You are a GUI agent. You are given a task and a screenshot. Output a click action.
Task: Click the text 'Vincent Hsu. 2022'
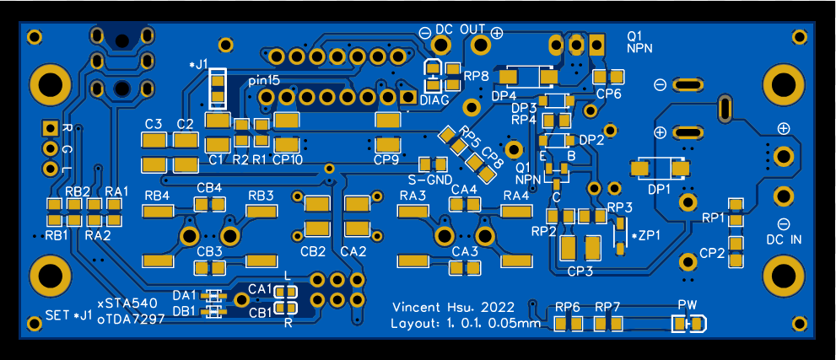pyautogui.click(x=454, y=306)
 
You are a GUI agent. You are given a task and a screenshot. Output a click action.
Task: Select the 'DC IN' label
pyautogui.click(x=784, y=240)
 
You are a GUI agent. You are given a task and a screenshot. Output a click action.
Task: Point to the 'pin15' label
pyautogui.click(x=264, y=80)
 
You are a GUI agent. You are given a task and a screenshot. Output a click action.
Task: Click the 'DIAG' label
pyautogui.click(x=434, y=99)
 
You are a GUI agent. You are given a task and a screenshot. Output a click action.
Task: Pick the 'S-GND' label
pyautogui.click(x=430, y=180)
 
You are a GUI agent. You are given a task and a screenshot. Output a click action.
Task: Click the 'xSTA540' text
pyautogui.click(x=127, y=303)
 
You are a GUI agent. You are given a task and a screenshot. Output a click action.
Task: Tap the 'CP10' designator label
pyautogui.click(x=288, y=159)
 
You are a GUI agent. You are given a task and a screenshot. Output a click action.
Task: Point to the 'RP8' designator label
pyautogui.click(x=477, y=77)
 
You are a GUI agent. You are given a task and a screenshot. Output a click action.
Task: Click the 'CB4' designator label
pyautogui.click(x=209, y=187)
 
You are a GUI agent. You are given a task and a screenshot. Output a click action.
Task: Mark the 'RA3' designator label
pyautogui.click(x=413, y=196)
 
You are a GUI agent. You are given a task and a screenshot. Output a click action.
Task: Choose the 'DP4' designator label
pyautogui.click(x=504, y=95)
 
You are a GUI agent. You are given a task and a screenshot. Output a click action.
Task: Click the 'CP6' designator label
pyautogui.click(x=608, y=94)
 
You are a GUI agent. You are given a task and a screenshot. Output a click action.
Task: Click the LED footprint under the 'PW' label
pyautogui.click(x=689, y=324)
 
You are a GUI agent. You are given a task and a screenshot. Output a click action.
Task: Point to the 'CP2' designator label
pyautogui.click(x=712, y=253)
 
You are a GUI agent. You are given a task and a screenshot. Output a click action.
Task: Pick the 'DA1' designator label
pyautogui.click(x=184, y=295)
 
